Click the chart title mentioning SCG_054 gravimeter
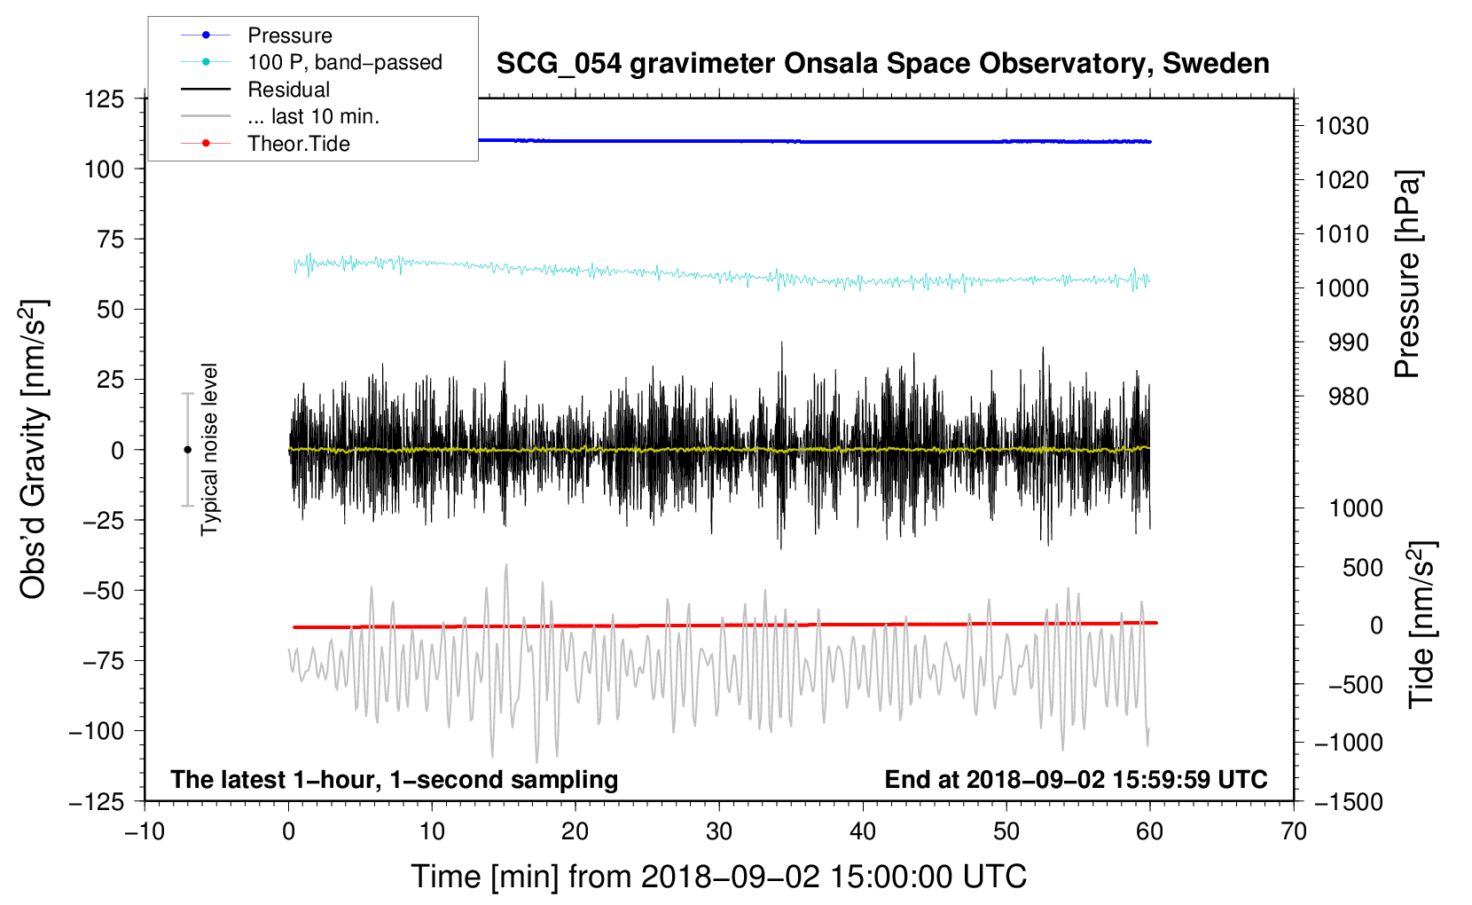pos(882,64)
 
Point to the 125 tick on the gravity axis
pos(105,98)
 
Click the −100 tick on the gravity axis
pos(98,731)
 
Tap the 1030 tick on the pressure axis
pos(1342,126)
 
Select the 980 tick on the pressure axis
pos(1348,397)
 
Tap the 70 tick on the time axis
pos(1293,831)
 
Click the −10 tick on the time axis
pos(145,831)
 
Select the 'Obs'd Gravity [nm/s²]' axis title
pos(33,449)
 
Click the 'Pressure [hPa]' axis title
pos(1407,274)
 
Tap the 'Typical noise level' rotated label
pos(209,449)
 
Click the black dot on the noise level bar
pos(187,450)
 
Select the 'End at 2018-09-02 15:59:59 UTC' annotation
pos(1076,779)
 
